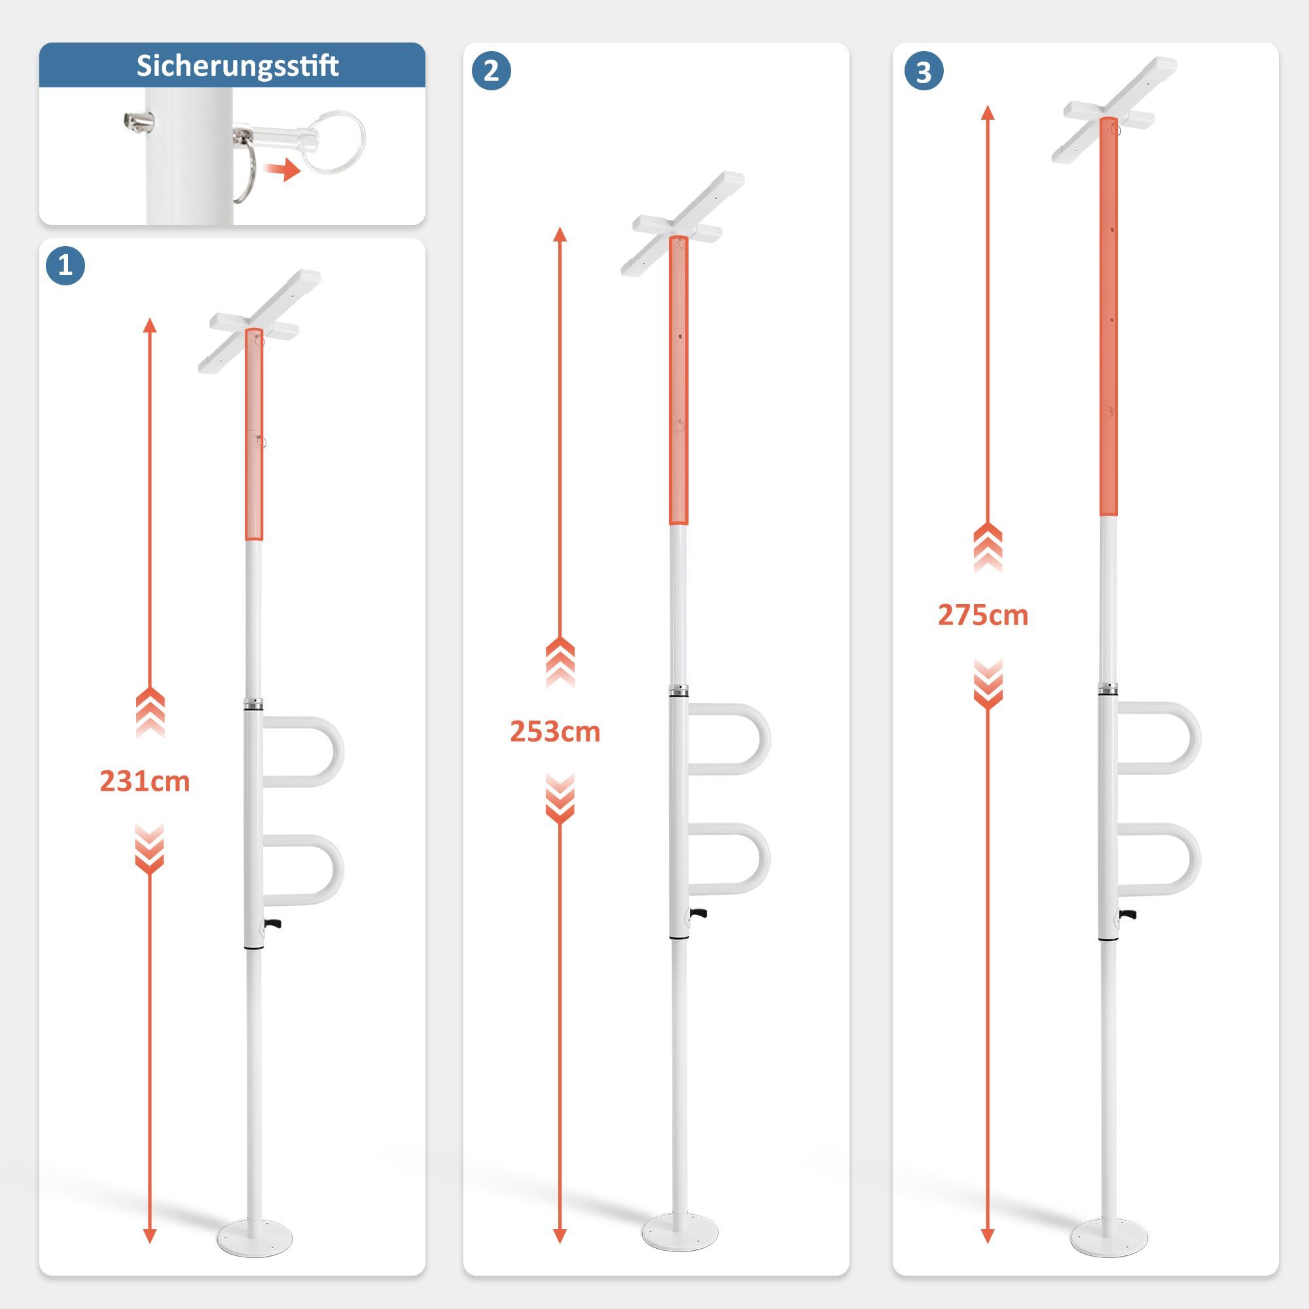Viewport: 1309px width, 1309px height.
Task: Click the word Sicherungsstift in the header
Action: click(x=237, y=66)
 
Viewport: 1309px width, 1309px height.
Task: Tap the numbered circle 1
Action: click(x=65, y=265)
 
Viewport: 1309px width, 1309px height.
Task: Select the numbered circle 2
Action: click(x=492, y=71)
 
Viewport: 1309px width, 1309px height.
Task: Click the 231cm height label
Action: click(x=145, y=782)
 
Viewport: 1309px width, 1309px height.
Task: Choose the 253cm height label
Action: click(x=555, y=732)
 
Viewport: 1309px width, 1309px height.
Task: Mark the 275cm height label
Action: click(x=983, y=615)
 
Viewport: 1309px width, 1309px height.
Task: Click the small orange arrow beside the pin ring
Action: click(x=283, y=170)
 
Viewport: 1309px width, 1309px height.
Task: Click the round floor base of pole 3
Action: click(x=1109, y=1234)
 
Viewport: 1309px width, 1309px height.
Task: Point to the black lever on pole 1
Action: click(x=273, y=923)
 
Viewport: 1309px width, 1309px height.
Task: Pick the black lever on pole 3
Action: click(x=1128, y=915)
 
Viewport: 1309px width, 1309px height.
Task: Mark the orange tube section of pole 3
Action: click(x=1109, y=316)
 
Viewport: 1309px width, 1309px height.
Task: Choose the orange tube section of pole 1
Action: click(x=254, y=435)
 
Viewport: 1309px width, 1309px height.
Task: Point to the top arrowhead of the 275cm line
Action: click(x=988, y=112)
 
